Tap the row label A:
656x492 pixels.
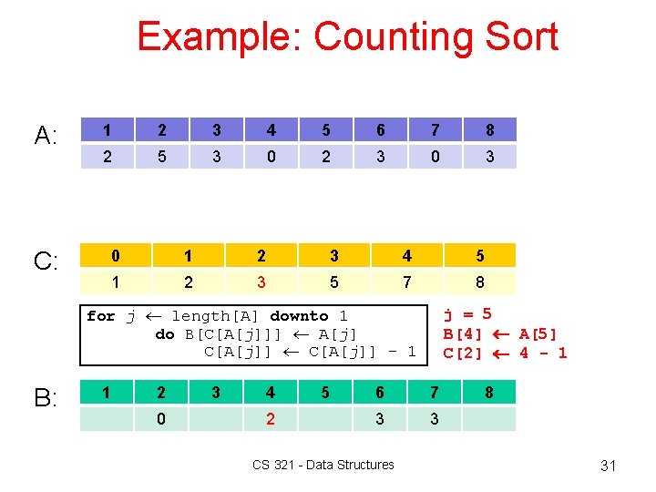(x=46, y=137)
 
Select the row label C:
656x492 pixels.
(x=46, y=261)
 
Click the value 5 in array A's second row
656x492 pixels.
(x=162, y=157)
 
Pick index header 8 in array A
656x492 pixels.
(x=489, y=130)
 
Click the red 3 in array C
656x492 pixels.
(x=261, y=282)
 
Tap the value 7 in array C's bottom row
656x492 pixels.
(x=406, y=282)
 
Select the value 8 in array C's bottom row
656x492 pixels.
(x=479, y=282)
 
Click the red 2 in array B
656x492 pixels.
(x=271, y=418)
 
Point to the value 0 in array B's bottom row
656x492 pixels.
(x=161, y=418)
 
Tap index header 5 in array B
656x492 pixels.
(x=325, y=393)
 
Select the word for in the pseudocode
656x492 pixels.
(x=100, y=316)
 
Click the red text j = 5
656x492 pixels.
(x=467, y=314)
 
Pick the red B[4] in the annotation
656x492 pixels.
(x=463, y=334)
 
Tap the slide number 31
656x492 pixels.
(x=609, y=466)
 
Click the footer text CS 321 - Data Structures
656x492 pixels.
(x=323, y=465)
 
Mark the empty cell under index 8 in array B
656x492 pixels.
(x=489, y=418)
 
